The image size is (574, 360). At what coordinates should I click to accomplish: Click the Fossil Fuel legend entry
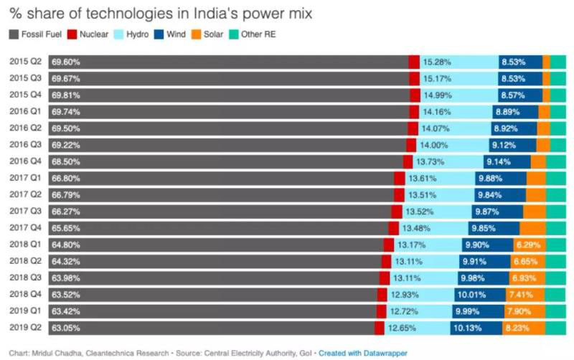(x=36, y=34)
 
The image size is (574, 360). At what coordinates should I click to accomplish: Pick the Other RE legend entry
(x=259, y=34)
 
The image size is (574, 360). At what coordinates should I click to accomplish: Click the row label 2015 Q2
(x=25, y=62)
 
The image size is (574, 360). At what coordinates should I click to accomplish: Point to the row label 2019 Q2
(x=25, y=328)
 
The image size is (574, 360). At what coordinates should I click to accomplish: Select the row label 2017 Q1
(x=25, y=179)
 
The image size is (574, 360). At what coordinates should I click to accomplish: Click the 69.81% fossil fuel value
(x=65, y=95)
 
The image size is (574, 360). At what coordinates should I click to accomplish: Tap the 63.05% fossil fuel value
(x=65, y=328)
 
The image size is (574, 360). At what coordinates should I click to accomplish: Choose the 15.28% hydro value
(x=436, y=62)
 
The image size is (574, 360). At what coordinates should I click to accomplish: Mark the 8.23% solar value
(x=518, y=328)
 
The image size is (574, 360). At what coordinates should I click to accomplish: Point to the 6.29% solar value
(x=527, y=245)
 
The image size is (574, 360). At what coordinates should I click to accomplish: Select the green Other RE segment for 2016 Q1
(x=558, y=112)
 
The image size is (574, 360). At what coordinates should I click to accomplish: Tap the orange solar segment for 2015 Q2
(x=547, y=62)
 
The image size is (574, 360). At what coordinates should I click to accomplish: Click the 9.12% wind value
(x=503, y=145)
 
